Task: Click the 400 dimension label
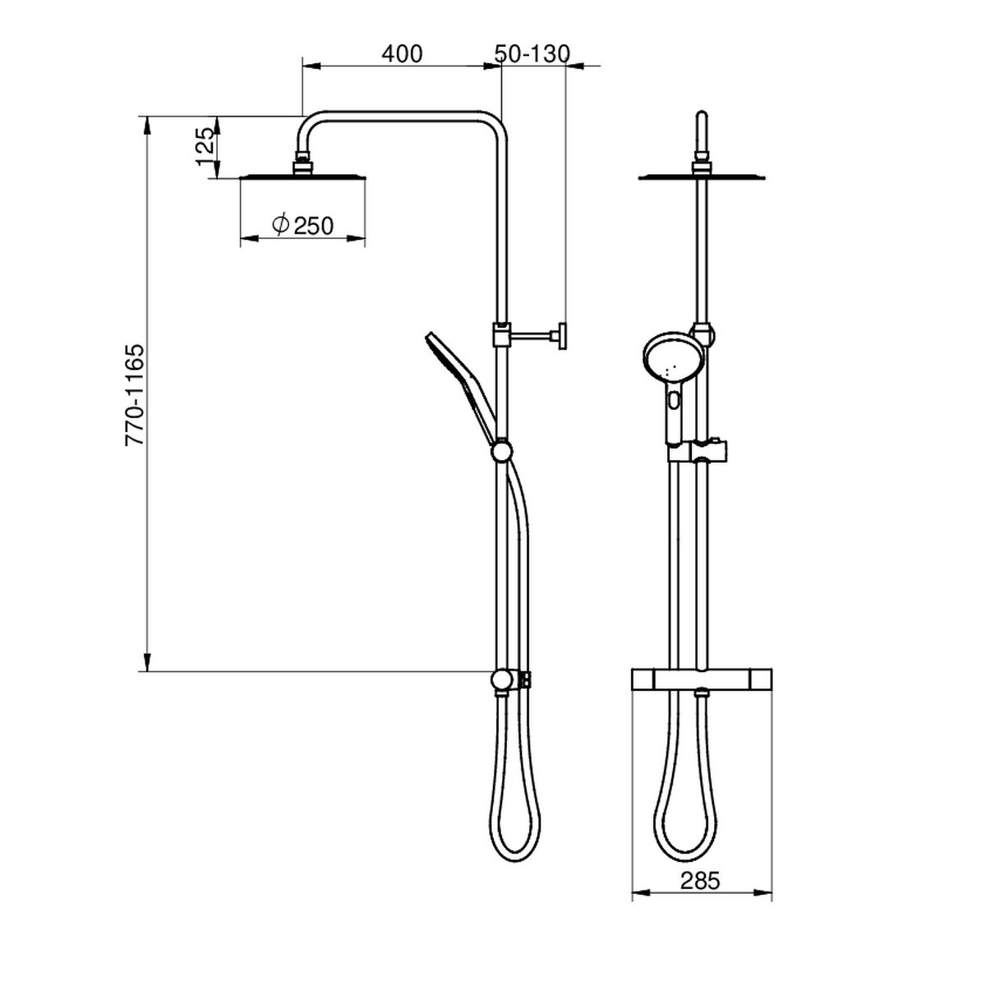[x=402, y=53]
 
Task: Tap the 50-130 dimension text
[x=532, y=53]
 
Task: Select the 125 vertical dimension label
[x=205, y=146]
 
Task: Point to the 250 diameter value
[x=314, y=225]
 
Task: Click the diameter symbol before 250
[x=280, y=224]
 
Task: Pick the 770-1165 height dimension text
[x=135, y=395]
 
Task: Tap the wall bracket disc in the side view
[x=562, y=336]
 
